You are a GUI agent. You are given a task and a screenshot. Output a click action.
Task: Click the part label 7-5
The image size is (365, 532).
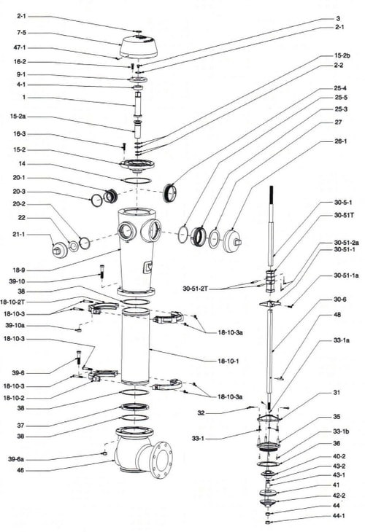tap(20, 32)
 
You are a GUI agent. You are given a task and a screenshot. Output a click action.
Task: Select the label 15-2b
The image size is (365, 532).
tap(342, 55)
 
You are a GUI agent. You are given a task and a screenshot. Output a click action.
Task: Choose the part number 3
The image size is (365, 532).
tap(337, 18)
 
